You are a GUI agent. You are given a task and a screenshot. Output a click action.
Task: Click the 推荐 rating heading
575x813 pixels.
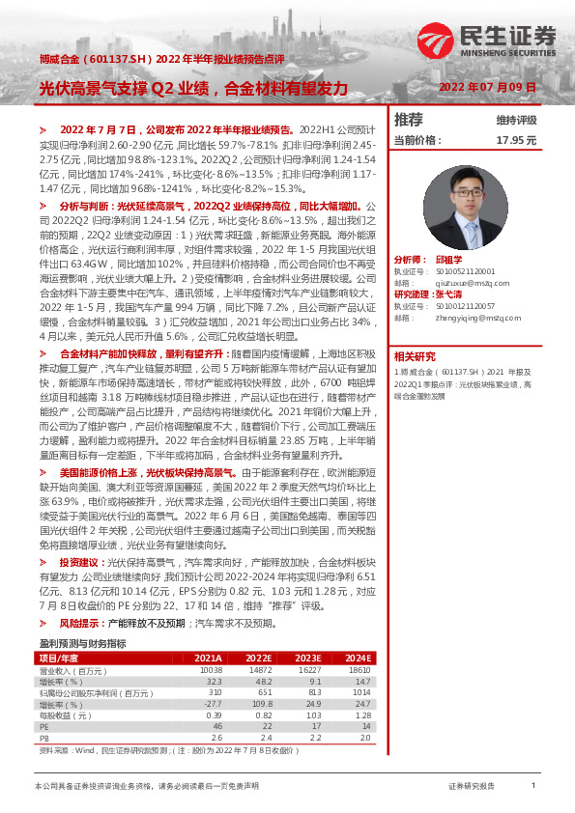pyautogui.click(x=409, y=120)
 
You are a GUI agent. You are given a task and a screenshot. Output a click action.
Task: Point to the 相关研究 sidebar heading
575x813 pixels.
pyautogui.click(x=414, y=356)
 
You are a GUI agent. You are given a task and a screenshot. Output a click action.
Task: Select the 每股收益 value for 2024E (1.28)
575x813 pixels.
pyautogui.click(x=362, y=715)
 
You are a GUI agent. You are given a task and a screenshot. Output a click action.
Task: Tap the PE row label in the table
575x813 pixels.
pyautogui.click(x=43, y=726)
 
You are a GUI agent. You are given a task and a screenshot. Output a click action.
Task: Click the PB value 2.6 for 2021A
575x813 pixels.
pyautogui.click(x=215, y=738)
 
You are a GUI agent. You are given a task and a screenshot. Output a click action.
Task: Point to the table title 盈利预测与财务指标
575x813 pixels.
pyautogui.click(x=82, y=643)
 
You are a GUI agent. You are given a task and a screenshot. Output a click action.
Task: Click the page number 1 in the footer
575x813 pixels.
pyautogui.click(x=532, y=786)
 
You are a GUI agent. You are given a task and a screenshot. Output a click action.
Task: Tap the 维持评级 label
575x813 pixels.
pyautogui.click(x=516, y=120)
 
